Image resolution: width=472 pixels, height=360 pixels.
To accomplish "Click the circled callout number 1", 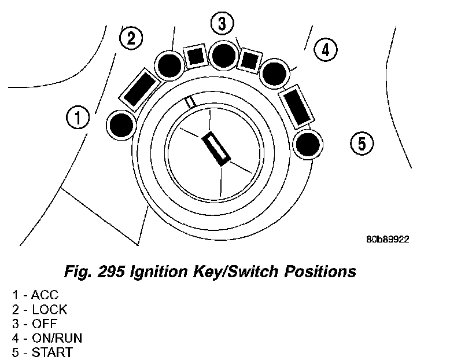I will pos(77,119).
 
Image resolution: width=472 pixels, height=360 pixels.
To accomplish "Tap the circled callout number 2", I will pos(131,39).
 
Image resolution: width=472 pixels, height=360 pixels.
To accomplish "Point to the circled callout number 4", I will pos(326,50).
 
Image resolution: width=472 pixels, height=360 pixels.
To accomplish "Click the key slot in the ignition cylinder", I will pos(216,147).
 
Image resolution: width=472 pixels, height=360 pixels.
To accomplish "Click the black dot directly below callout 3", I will pos(222,55).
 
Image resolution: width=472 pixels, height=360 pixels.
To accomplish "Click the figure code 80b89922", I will pos(388,239).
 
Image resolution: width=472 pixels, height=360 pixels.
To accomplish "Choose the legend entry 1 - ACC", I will pos(35,295).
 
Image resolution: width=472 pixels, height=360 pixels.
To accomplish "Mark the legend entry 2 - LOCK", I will pos(39,310).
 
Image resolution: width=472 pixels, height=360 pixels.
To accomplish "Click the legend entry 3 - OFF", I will pos(35,324).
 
